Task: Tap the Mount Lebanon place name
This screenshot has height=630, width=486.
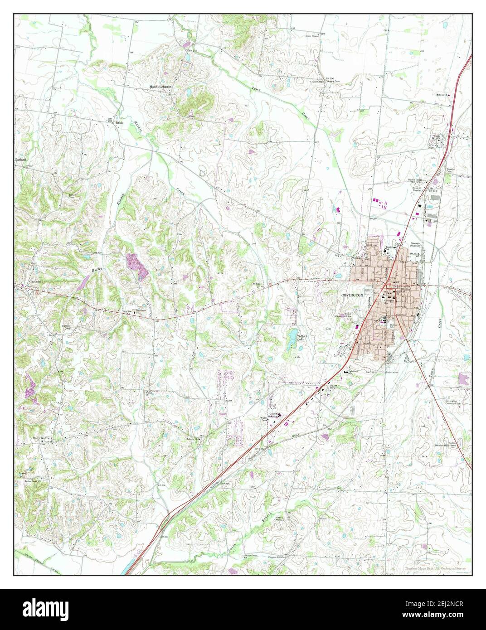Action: pyautogui.click(x=161, y=87)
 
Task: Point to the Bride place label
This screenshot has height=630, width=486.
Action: pyautogui.click(x=119, y=123)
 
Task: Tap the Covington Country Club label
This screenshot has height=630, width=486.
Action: pyautogui.click(x=455, y=403)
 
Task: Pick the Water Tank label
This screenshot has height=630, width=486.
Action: pyautogui.click(x=262, y=420)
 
